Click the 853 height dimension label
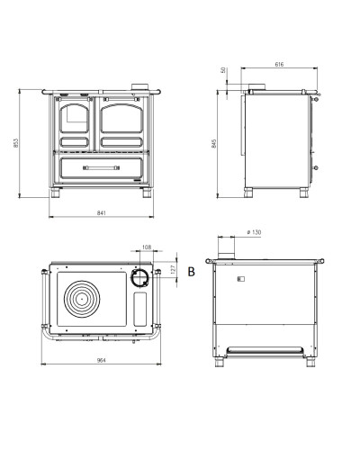[16, 143]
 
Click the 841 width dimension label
[102, 213]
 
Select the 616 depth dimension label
[279, 64]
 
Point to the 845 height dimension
[213, 144]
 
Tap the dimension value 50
[223, 70]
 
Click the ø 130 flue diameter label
[254, 232]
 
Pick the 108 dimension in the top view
[147, 247]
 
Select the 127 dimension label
[173, 269]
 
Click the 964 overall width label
[102, 360]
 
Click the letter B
[191, 272]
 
